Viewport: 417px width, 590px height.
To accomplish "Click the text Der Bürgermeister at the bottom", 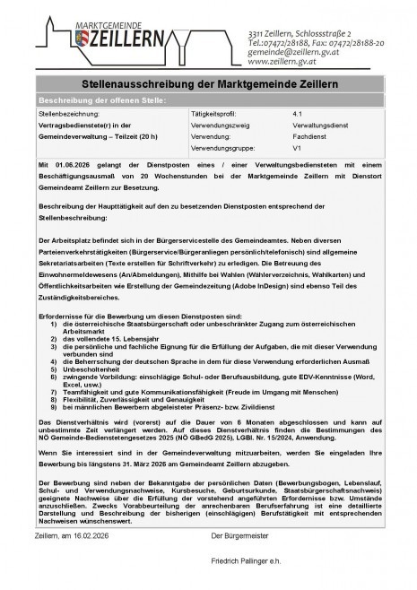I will pyautogui.click(x=239, y=535).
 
